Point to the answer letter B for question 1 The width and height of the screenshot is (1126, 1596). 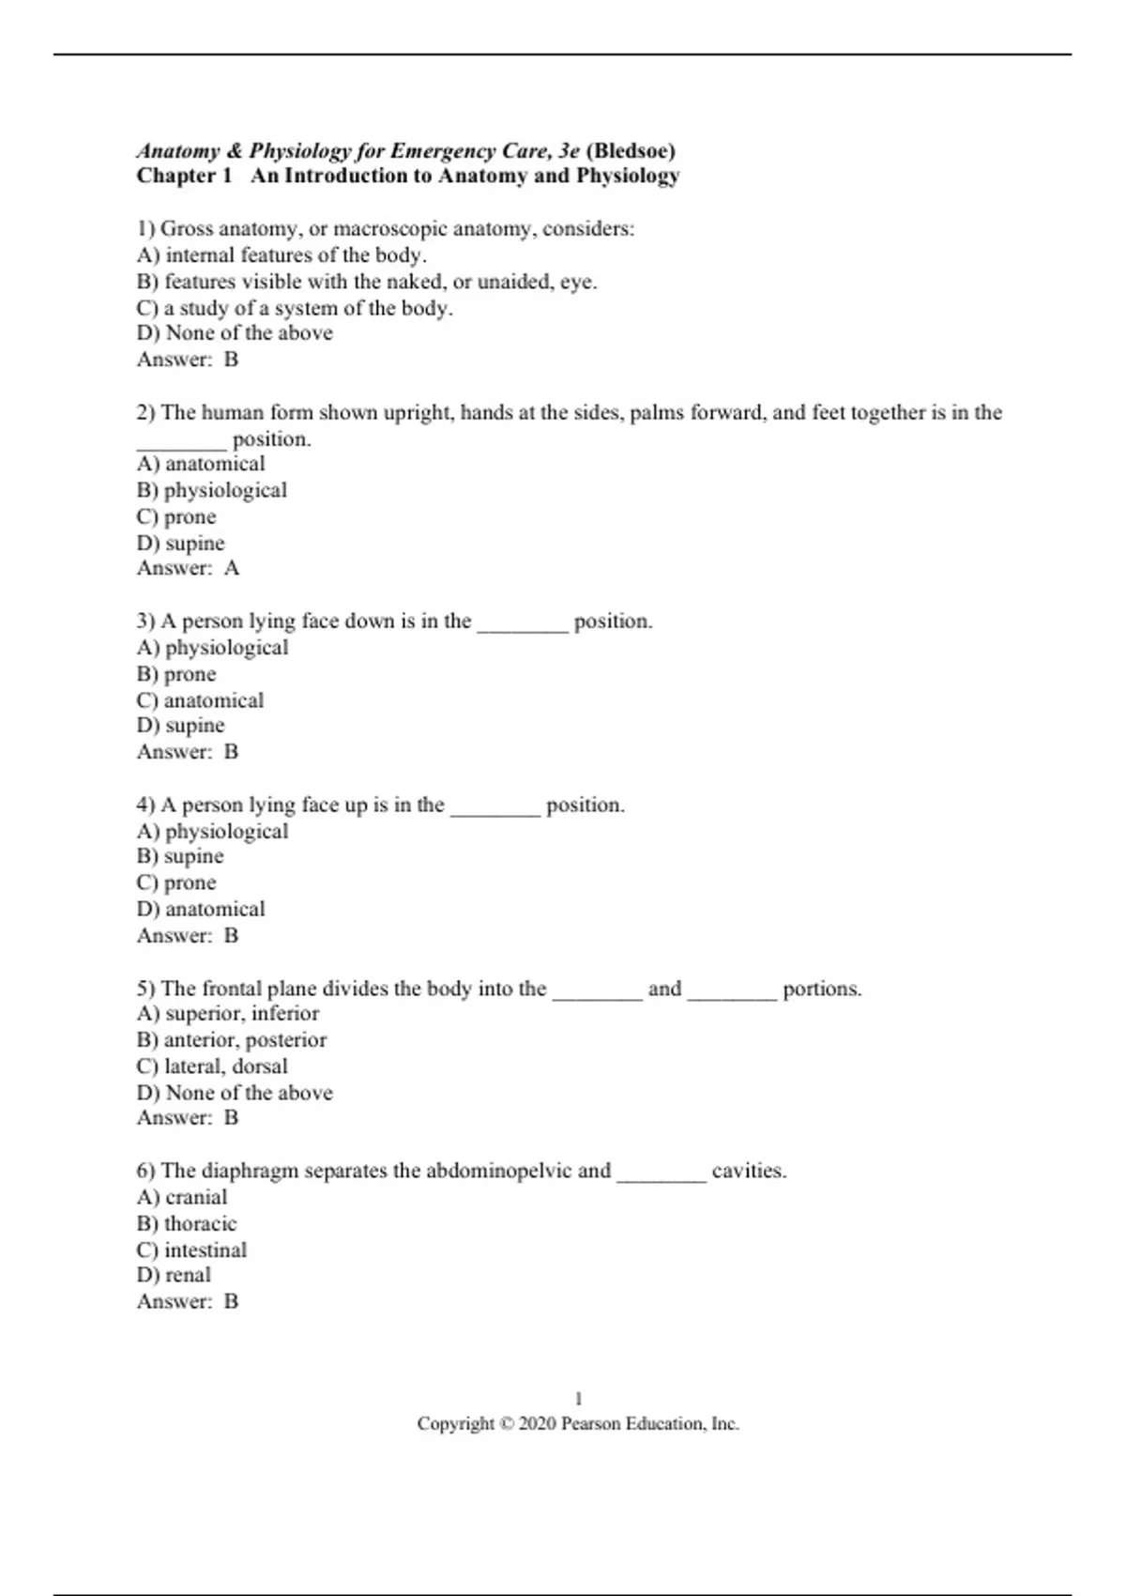pos(231,360)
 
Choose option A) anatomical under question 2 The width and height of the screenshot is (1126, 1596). pos(201,464)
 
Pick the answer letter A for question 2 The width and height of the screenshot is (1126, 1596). pos(231,568)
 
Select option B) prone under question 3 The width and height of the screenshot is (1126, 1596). pos(176,674)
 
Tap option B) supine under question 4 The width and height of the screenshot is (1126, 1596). pos(180,856)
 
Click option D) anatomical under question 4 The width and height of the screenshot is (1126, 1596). pos(201,909)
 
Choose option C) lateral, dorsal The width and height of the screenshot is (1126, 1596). pos(212,1067)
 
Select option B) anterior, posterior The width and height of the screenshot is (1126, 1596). pos(232,1040)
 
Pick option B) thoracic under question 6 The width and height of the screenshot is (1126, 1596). pos(187,1223)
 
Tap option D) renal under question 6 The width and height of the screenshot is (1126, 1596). pos(174,1275)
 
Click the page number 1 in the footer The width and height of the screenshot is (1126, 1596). pos(578,1399)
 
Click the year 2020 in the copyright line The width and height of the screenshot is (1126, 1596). pos(537,1424)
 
